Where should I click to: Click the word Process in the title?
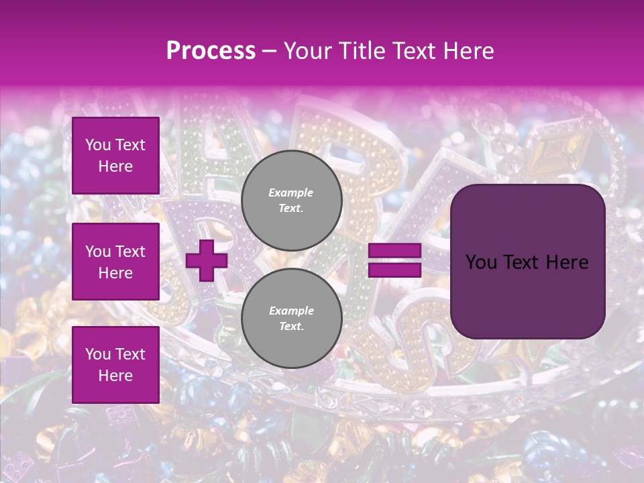click(211, 51)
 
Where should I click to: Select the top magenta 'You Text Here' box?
click(115, 156)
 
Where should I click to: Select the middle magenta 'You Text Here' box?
click(115, 262)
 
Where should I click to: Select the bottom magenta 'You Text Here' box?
click(115, 364)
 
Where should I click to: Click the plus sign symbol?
click(206, 261)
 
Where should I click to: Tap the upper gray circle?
click(291, 201)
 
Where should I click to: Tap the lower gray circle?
click(291, 319)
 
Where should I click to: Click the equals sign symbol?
click(394, 261)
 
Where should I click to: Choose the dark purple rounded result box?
click(527, 262)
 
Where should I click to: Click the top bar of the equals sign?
click(394, 251)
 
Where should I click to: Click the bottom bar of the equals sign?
click(394, 270)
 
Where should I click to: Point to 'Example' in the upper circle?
click(291, 193)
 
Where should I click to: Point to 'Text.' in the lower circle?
click(291, 327)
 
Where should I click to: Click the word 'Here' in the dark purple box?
click(566, 262)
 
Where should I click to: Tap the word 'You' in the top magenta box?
click(97, 145)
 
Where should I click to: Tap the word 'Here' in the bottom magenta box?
click(115, 376)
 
